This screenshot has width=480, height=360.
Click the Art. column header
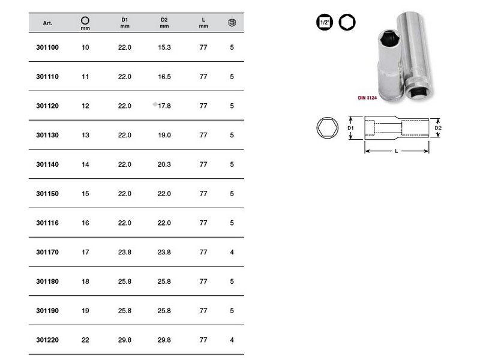tap(47, 23)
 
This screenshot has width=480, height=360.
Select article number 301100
tap(47, 47)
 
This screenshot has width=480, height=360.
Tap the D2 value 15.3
tap(164, 47)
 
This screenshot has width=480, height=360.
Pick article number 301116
tap(47, 223)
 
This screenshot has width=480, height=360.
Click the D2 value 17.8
tap(164, 106)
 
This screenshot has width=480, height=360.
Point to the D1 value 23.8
tap(125, 252)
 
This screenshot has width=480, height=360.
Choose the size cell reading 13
tap(85, 136)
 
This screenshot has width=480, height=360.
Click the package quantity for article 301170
tap(232, 252)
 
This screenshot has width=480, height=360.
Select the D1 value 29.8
tap(125, 340)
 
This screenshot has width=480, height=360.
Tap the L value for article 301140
tap(203, 164)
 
